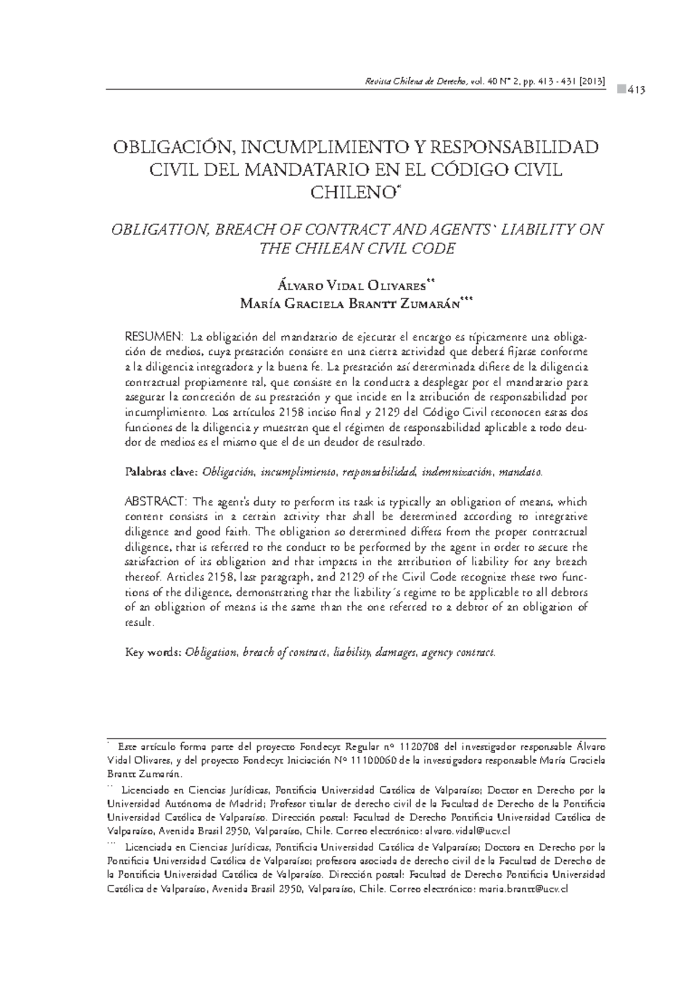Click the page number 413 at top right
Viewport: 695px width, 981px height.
point(635,90)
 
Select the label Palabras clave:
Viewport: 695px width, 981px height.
point(162,473)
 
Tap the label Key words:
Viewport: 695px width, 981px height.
point(153,652)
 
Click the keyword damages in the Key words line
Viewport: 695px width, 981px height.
point(394,652)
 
